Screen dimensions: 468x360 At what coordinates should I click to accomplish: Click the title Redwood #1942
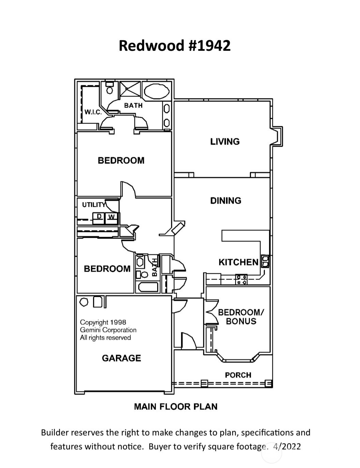175,45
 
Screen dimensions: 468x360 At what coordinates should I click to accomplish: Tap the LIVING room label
225,142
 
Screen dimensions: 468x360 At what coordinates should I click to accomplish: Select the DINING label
226,201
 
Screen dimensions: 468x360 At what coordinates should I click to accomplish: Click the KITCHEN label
238,262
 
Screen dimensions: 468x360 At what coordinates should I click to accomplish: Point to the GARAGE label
121,358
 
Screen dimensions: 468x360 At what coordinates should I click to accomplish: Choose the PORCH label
238,375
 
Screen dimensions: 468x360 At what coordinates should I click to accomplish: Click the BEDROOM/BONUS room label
241,317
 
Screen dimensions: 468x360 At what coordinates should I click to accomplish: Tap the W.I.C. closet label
93,112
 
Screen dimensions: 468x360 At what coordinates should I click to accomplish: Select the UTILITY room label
94,205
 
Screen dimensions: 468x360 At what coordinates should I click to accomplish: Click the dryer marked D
99,217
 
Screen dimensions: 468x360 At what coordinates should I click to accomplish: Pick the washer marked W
111,217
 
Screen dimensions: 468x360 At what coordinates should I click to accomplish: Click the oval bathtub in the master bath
156,91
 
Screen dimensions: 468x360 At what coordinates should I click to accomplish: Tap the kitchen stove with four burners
242,279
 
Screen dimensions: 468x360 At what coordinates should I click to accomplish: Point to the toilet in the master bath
109,89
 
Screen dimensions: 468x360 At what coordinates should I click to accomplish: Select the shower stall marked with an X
129,90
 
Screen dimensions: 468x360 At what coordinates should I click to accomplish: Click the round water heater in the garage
84,302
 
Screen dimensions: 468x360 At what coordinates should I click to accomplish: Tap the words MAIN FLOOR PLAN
176,407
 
